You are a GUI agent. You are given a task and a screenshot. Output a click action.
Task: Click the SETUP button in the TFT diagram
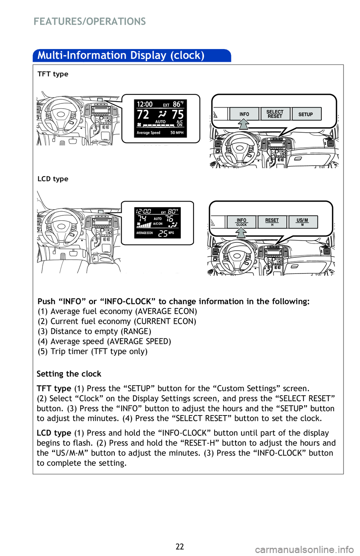306,114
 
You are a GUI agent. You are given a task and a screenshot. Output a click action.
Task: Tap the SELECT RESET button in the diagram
275,114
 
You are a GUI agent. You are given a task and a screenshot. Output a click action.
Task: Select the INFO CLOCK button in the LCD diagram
241,222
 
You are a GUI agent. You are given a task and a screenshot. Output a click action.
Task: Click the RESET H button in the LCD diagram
272,222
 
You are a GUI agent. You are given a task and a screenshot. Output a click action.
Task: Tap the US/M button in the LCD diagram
303,222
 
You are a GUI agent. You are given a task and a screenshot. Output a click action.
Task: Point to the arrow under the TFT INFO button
244,124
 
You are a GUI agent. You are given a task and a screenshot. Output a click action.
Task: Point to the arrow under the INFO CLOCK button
241,233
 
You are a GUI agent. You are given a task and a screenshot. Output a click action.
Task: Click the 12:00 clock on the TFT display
145,104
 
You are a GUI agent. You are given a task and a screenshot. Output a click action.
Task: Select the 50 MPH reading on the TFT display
177,133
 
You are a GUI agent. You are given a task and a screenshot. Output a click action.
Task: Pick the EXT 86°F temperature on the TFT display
173,104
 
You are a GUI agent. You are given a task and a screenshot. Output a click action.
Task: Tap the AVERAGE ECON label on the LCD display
145,233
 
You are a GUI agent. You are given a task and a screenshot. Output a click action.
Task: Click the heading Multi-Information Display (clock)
121,55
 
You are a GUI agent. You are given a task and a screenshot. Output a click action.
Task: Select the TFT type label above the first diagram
52,74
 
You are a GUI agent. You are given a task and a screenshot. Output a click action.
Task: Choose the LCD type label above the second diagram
52,179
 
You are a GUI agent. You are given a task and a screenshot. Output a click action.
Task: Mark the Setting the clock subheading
69,374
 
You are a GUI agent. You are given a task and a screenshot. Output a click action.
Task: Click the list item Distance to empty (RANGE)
94,331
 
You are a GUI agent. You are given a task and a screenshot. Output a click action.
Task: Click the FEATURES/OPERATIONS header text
90,21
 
